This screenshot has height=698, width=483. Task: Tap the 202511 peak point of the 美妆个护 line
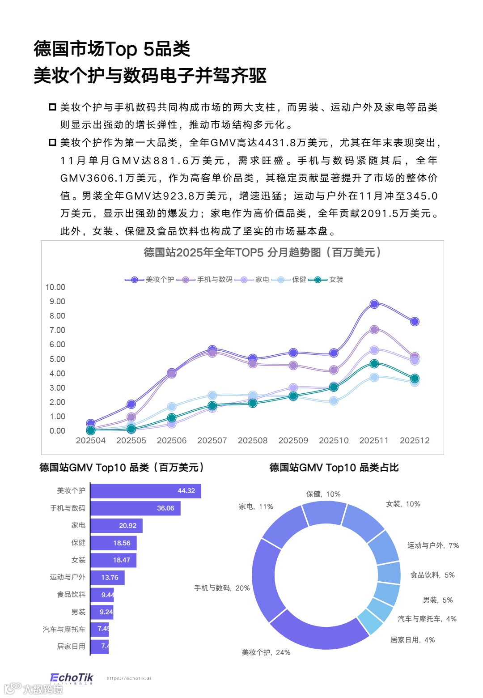point(374,304)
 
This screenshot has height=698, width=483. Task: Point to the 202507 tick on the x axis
point(212,440)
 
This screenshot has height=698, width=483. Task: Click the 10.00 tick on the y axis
point(55,287)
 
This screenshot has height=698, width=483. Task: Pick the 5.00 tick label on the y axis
point(57,359)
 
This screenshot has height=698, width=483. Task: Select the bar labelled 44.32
point(146,491)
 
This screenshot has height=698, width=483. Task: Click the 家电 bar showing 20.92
point(116,526)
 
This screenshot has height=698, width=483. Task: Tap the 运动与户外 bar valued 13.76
point(107,578)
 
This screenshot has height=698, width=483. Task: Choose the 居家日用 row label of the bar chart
point(71,647)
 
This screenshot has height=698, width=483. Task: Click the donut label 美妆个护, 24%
point(266,652)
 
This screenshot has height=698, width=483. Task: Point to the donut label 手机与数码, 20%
point(222,588)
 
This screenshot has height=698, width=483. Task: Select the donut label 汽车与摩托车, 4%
point(427,619)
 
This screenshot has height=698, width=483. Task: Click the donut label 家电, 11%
point(256,506)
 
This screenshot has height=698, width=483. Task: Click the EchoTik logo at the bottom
point(72,678)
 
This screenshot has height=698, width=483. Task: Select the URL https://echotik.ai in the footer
point(129,678)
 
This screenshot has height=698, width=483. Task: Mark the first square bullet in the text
point(52,107)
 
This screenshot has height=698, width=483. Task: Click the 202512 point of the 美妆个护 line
point(415,322)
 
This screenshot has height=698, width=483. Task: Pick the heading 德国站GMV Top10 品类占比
point(334,468)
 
